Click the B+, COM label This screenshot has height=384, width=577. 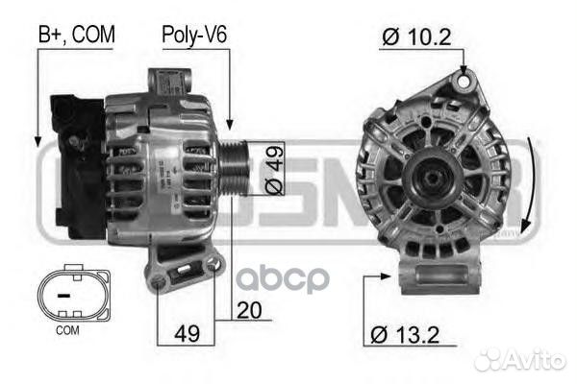pyautogui.click(x=76, y=35)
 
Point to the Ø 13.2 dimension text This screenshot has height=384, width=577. pyautogui.click(x=405, y=336)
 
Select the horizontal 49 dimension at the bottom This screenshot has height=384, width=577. pyautogui.click(x=188, y=336)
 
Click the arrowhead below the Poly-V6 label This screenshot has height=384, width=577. pyautogui.click(x=229, y=126)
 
